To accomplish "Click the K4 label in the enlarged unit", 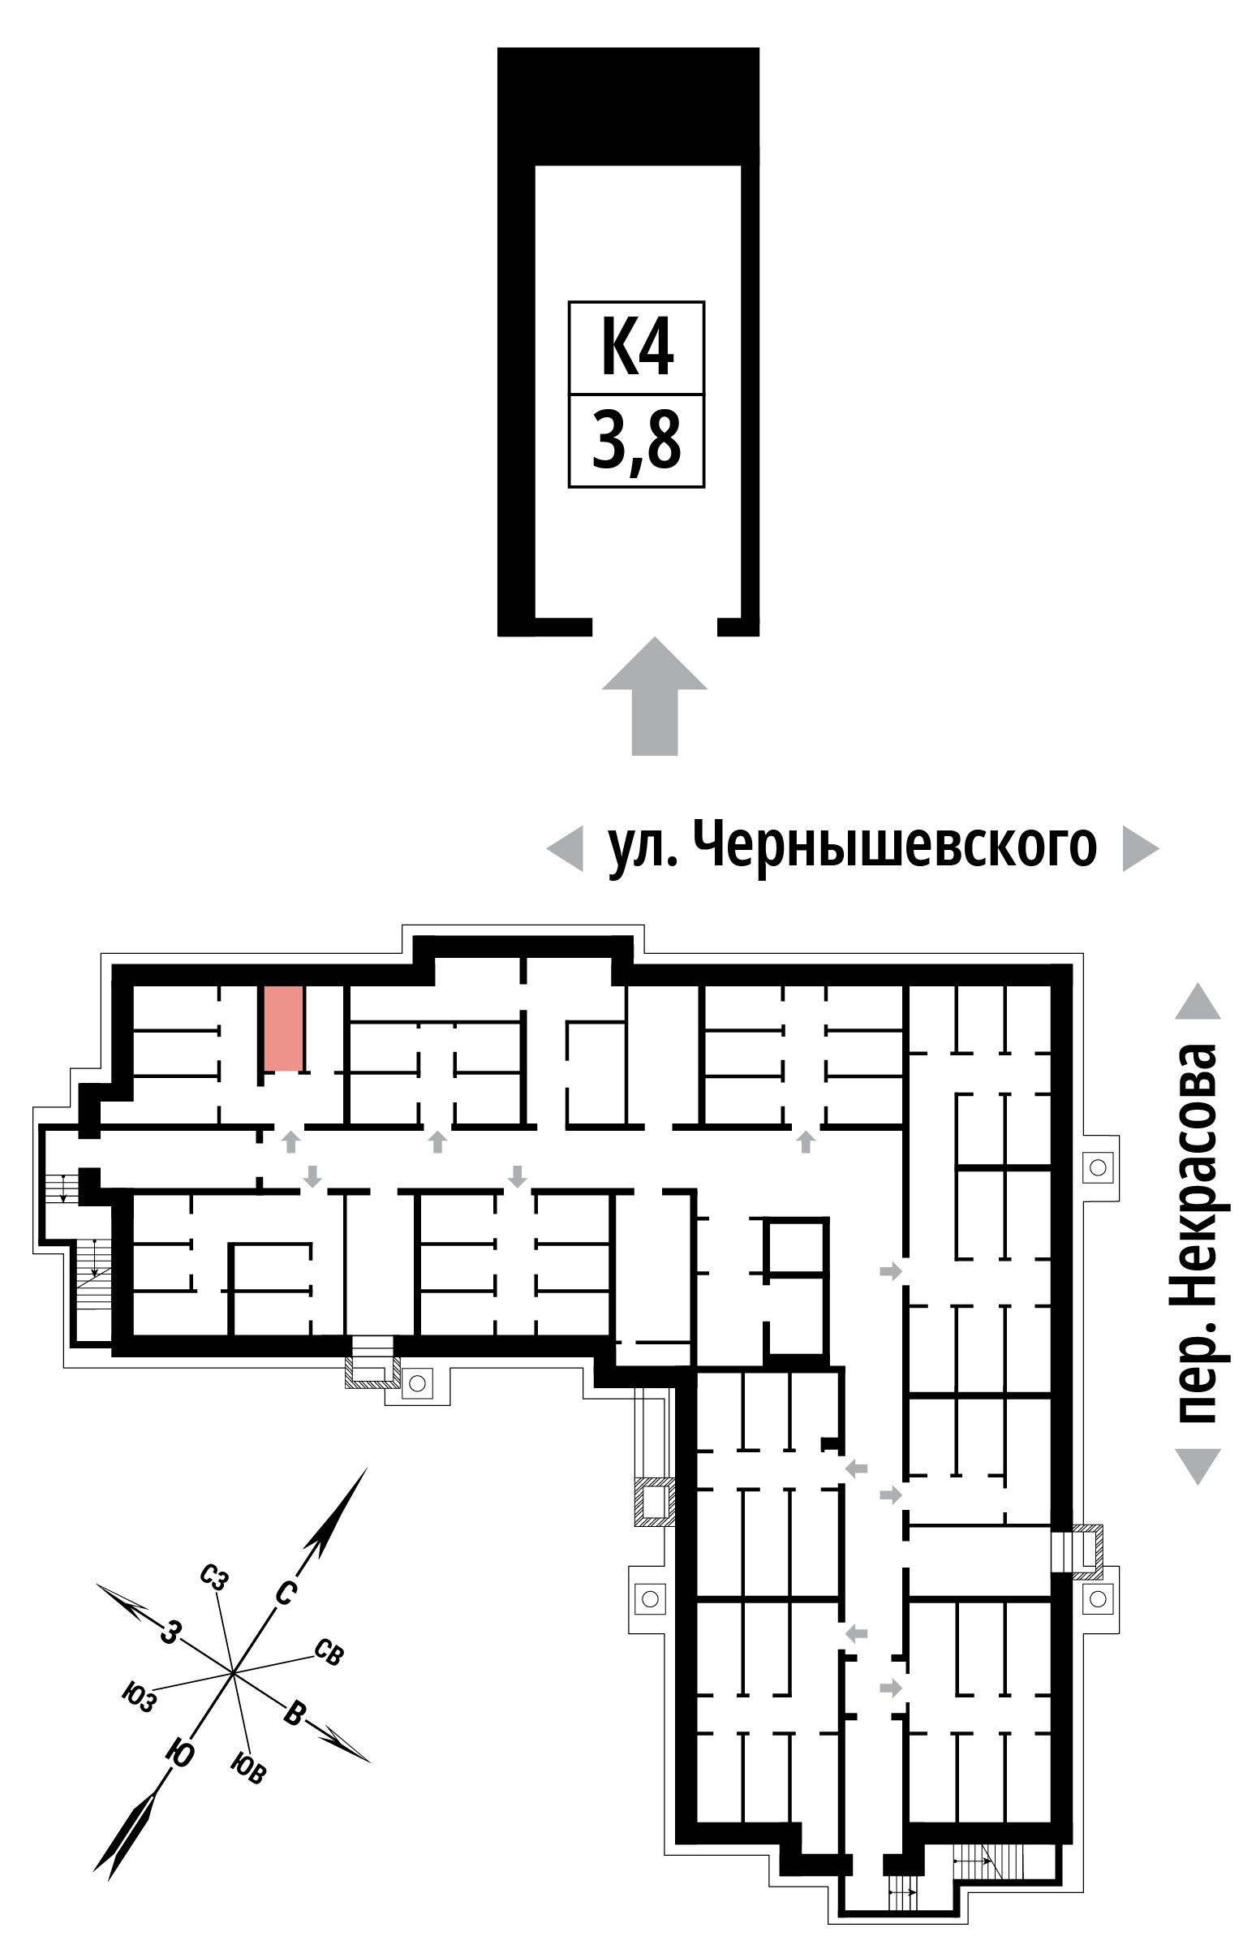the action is pyautogui.click(x=637, y=347).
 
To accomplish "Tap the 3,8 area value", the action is pyautogui.click(x=636, y=441).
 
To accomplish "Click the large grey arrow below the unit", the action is pyautogui.click(x=655, y=696).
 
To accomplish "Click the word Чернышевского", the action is pyautogui.click(x=896, y=847).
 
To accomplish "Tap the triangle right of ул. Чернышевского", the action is pyautogui.click(x=1141, y=848).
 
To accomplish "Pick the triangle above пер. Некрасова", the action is pyautogui.click(x=1198, y=1001).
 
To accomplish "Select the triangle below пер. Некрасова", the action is pyautogui.click(x=1198, y=1466).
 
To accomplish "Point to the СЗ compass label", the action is pyautogui.click(x=213, y=1576).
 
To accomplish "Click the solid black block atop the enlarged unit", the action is pyautogui.click(x=628, y=106).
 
